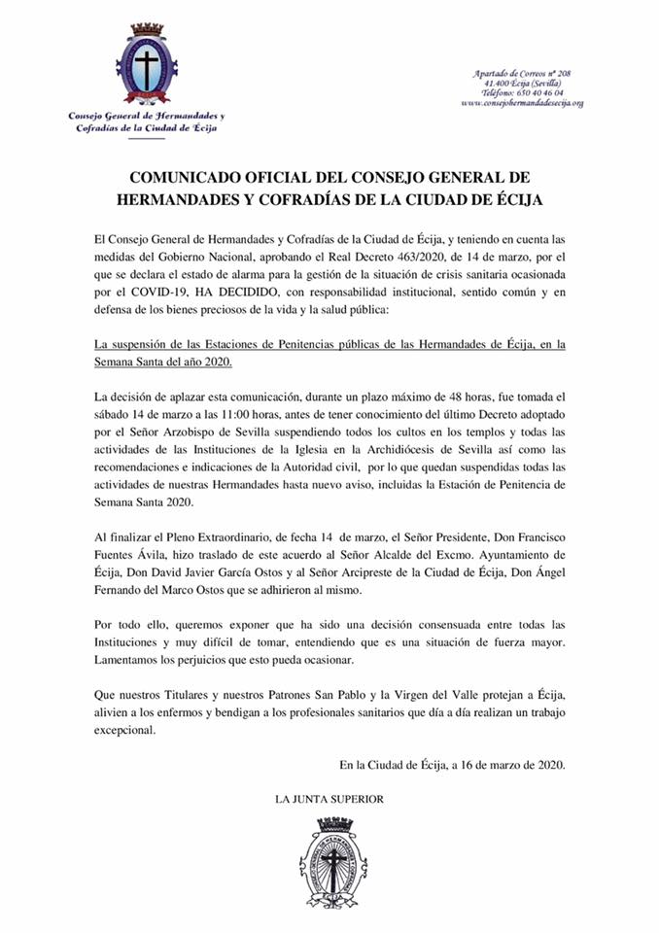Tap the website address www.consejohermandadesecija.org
tap(522, 102)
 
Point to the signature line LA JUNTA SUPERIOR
tap(329, 799)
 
